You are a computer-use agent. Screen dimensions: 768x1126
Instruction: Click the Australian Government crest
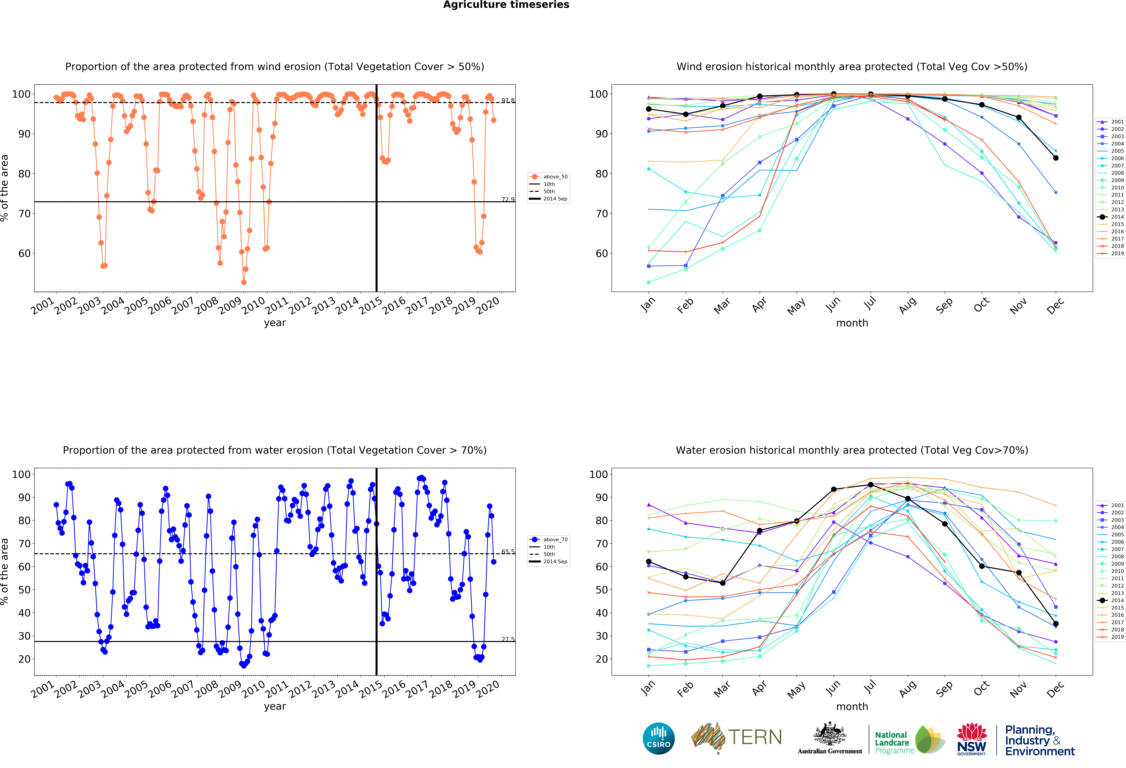coord(830,735)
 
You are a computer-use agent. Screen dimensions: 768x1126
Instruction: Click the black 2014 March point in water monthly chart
coord(722,583)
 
